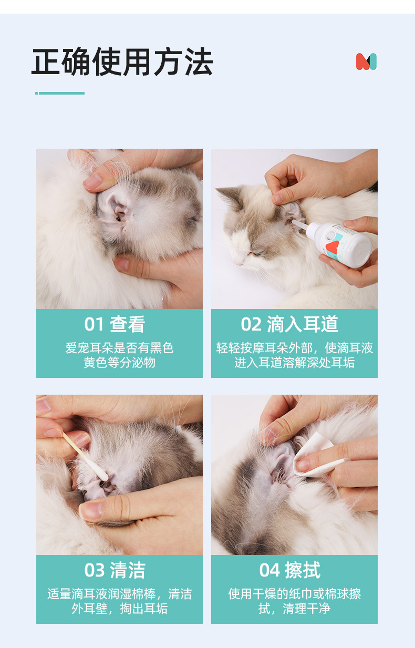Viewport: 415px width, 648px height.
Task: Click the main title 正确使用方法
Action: (122, 61)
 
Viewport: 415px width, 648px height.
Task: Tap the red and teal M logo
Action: (366, 61)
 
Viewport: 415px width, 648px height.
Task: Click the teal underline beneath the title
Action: (60, 93)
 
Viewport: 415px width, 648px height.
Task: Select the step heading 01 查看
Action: (115, 324)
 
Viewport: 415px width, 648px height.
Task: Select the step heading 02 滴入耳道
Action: (289, 324)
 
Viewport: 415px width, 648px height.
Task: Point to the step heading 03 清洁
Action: (115, 570)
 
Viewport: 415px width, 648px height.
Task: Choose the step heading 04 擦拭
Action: (289, 570)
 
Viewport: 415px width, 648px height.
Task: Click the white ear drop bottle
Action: (335, 242)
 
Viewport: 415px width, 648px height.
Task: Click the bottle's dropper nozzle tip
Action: (293, 221)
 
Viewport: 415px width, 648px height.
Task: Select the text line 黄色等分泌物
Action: (119, 362)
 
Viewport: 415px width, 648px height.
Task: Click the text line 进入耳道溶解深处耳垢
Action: (294, 362)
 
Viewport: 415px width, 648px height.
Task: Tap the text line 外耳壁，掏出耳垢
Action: (119, 609)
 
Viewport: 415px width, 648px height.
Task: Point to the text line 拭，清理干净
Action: (294, 609)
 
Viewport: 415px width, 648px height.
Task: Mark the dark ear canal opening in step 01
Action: (119, 217)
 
